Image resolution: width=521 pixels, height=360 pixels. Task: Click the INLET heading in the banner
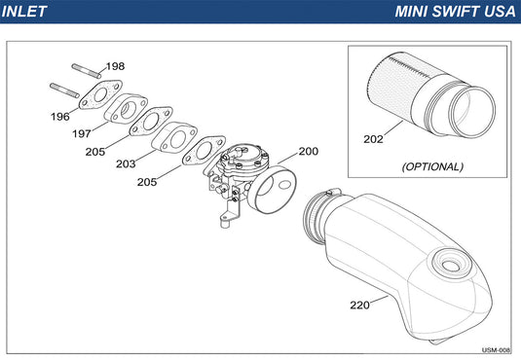(24, 12)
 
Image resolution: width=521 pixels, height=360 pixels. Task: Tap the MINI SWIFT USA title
(455, 12)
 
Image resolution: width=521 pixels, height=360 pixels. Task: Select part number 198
(115, 66)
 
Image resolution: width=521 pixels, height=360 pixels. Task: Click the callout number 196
(60, 117)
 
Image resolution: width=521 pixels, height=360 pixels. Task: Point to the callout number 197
(82, 133)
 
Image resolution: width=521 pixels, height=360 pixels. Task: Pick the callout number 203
(126, 163)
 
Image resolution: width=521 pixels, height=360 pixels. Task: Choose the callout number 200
(309, 152)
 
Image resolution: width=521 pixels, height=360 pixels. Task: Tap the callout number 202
(373, 139)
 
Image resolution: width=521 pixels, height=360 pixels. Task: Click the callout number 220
(360, 305)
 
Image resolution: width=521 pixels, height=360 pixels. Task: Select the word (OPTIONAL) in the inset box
(432, 166)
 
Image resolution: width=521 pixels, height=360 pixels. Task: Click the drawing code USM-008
(496, 350)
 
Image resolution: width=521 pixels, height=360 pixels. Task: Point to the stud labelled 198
(87, 71)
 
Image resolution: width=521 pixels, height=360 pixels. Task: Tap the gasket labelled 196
(100, 94)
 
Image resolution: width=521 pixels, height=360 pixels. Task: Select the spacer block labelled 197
(126, 109)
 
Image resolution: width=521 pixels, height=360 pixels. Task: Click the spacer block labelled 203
(174, 137)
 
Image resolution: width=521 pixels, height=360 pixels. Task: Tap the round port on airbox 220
(451, 263)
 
